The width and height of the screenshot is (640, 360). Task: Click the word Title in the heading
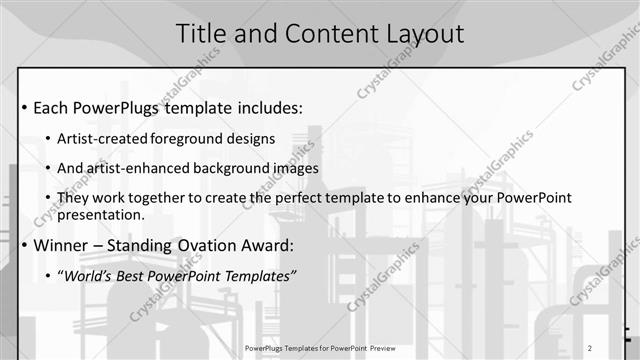point(204,33)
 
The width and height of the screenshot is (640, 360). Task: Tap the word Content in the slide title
point(328,33)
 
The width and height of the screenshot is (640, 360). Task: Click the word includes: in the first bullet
point(266,108)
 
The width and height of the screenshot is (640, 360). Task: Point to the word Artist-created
point(96,137)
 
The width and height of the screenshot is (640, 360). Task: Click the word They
point(73,198)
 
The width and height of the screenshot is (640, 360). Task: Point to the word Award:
point(294,245)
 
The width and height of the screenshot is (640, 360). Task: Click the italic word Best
point(136,275)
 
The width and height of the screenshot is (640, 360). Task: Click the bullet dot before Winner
point(23,245)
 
